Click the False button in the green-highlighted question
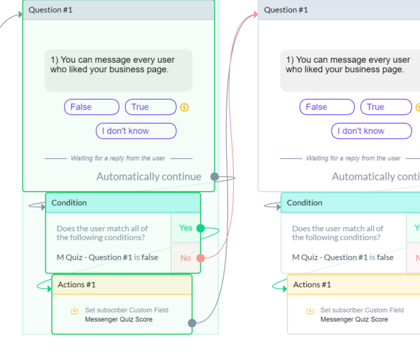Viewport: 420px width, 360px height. [91, 107]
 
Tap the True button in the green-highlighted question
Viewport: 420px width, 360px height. [150, 107]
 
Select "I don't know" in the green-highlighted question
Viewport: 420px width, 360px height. [136, 131]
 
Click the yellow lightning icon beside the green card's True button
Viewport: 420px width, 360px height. [184, 108]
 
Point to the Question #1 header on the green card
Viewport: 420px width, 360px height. [50, 10]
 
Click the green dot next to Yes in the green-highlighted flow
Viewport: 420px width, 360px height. [200, 228]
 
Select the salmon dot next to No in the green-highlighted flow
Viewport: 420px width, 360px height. [201, 258]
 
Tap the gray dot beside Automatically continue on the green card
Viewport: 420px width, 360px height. [214, 177]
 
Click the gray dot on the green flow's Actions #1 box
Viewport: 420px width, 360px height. [192, 323]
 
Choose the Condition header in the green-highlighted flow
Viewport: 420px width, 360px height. [69, 203]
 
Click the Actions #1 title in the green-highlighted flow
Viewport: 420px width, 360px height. [77, 285]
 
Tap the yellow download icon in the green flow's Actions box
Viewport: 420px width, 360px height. [75, 311]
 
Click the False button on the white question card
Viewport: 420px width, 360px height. [326, 107]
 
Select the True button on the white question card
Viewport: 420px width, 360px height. [386, 107]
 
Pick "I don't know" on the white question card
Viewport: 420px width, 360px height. [371, 131]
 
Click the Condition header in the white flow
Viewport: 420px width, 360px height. [305, 203]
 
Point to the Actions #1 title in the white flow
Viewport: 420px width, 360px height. [312, 285]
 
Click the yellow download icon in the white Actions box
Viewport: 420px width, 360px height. [310, 311]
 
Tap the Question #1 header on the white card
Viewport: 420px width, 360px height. [286, 10]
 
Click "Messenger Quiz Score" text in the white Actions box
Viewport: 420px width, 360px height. [354, 320]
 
